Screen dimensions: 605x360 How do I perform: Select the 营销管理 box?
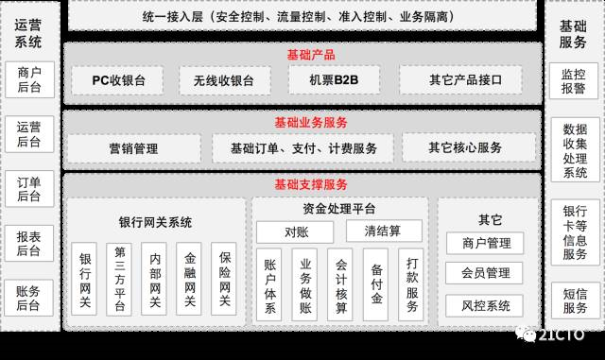pyautogui.click(x=133, y=148)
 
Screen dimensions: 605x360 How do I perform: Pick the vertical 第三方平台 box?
pyautogui.click(x=120, y=279)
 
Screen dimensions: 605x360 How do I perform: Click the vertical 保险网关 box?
pyautogui.click(x=224, y=279)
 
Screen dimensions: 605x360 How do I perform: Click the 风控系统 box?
pyautogui.click(x=485, y=305)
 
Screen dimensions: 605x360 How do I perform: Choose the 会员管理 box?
pyautogui.click(x=485, y=274)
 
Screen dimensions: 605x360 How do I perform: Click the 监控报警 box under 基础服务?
pyautogui.click(x=573, y=80)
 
